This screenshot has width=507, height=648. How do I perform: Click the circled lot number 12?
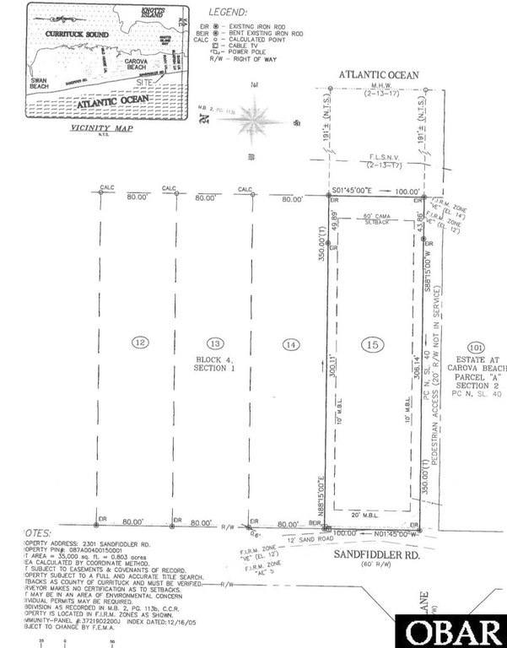pyautogui.click(x=140, y=342)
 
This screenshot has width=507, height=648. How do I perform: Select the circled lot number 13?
pyautogui.click(x=216, y=343)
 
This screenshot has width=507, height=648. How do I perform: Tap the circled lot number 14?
pyautogui.click(x=291, y=343)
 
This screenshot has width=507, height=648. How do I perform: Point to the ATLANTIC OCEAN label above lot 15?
pyautogui.click(x=379, y=75)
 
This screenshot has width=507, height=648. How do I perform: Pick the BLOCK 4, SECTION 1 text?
pyautogui.click(x=216, y=364)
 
